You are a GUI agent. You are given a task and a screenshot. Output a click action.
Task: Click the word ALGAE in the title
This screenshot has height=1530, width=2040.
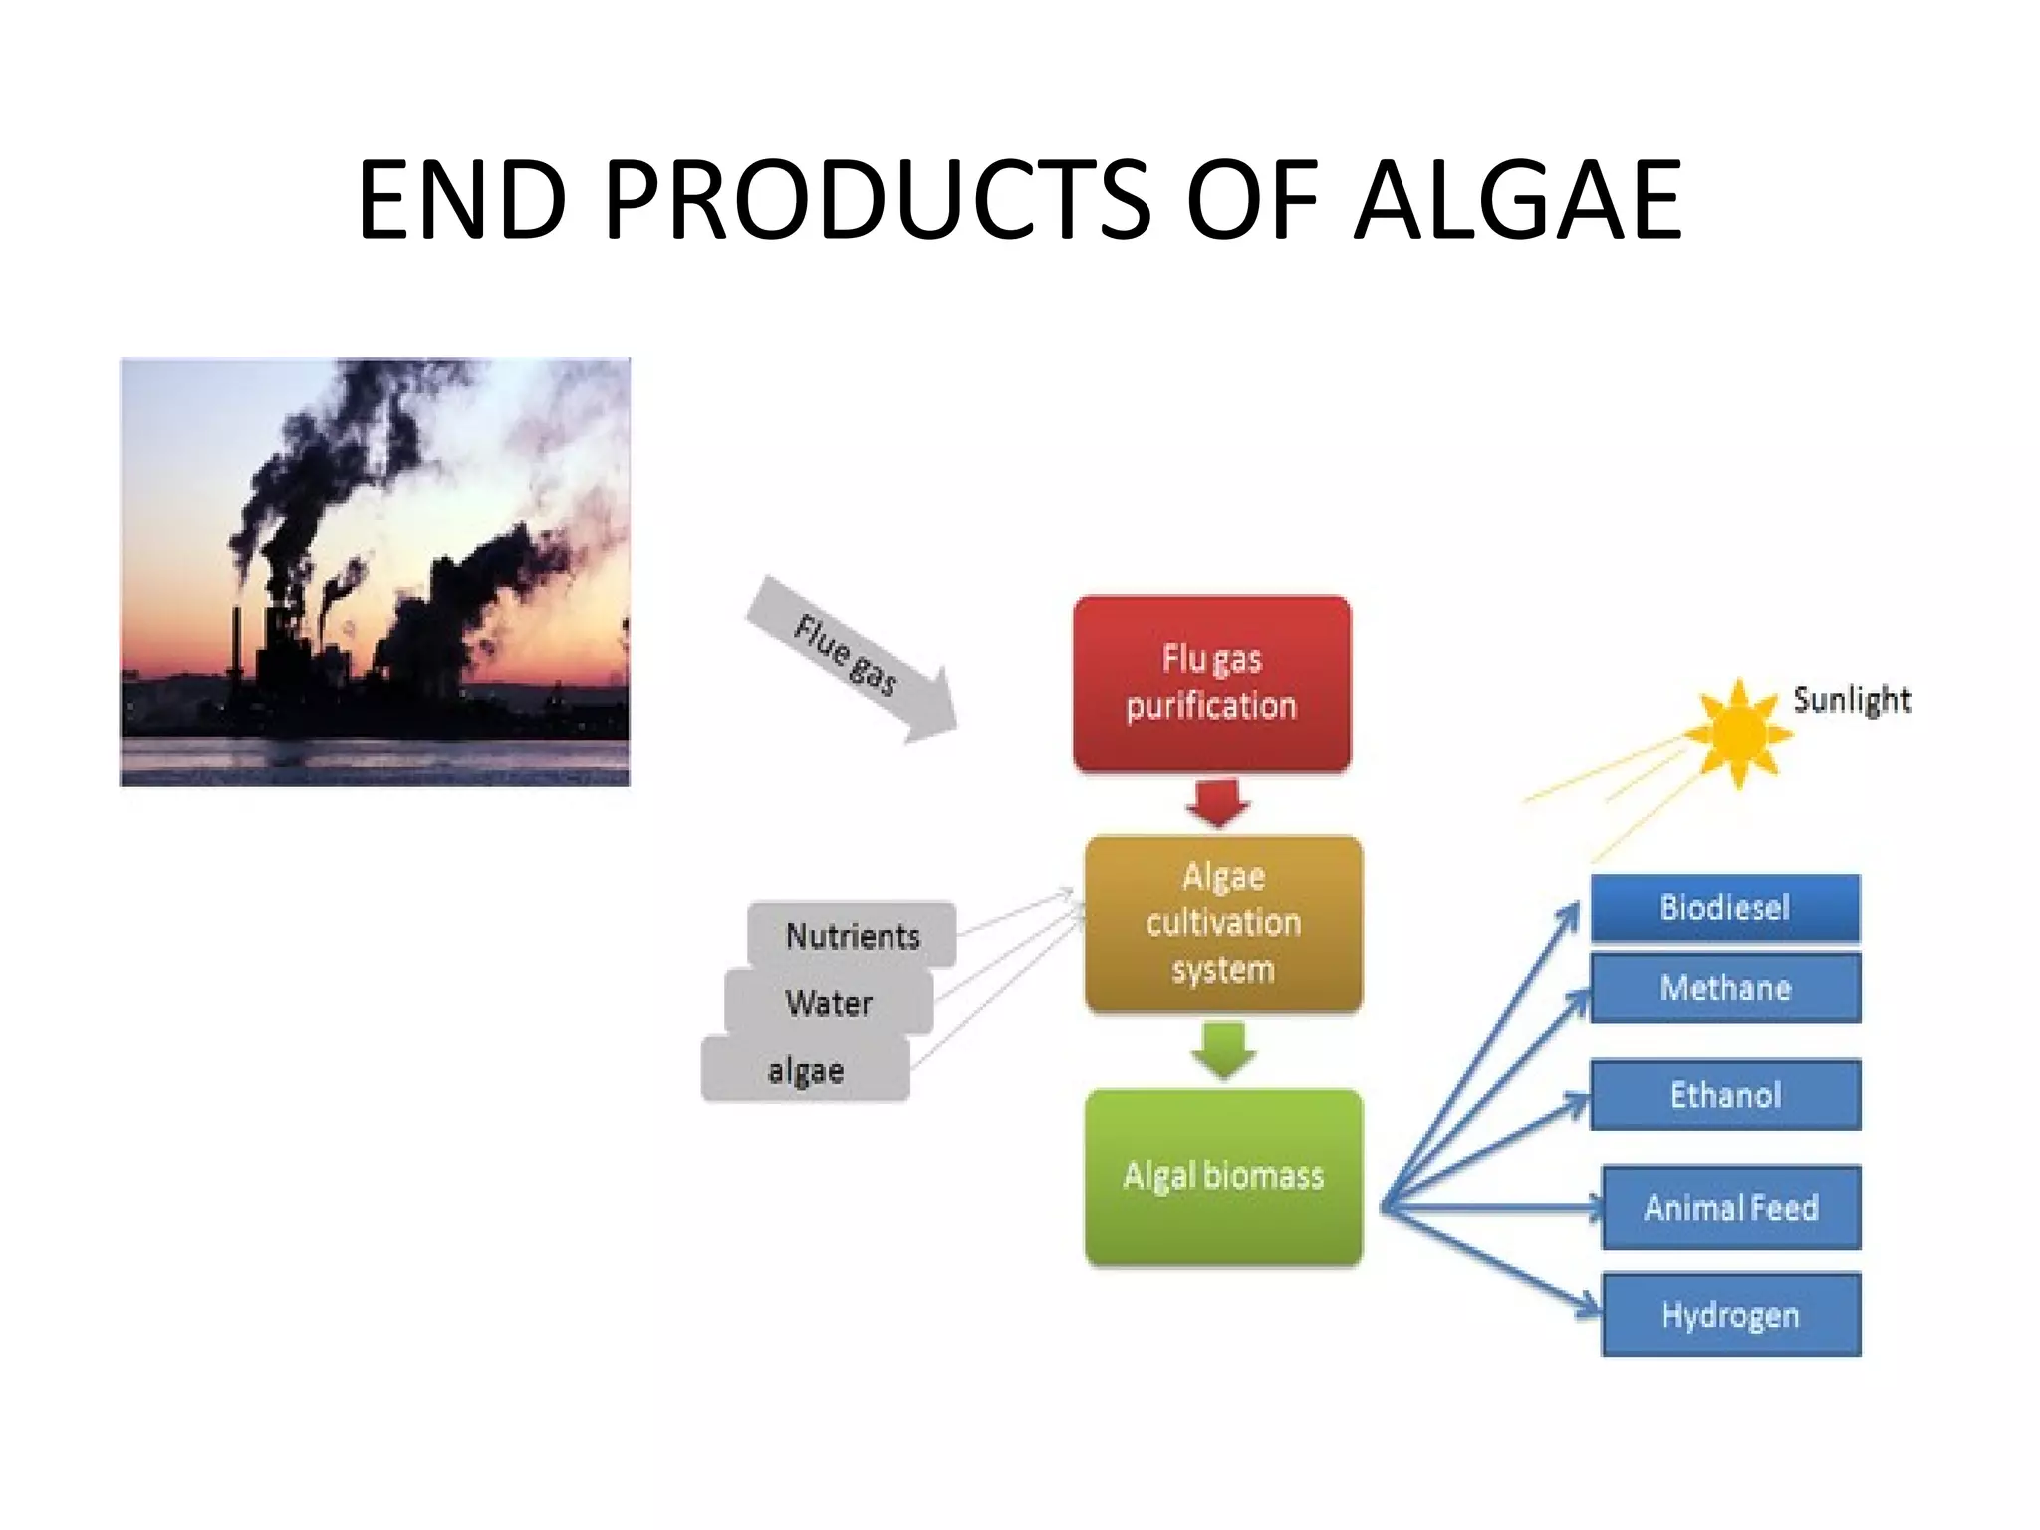tap(1518, 201)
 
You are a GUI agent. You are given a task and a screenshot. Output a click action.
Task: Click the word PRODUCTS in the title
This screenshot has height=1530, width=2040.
tap(878, 201)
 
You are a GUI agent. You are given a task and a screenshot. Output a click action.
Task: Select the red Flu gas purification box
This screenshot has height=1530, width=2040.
tap(1211, 683)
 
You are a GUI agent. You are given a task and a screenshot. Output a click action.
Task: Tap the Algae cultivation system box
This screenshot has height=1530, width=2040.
tap(1223, 923)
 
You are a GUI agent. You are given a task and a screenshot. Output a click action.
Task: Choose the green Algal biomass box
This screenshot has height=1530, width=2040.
tap(1223, 1176)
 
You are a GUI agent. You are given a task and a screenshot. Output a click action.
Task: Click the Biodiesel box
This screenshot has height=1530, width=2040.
tap(1724, 907)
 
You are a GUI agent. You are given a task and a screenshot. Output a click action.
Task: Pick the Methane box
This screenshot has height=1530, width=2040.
tap(1724, 987)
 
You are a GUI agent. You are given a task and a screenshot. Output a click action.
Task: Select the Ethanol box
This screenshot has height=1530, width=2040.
tap(1724, 1095)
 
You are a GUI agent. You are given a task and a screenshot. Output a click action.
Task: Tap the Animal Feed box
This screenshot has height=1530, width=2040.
tap(1730, 1207)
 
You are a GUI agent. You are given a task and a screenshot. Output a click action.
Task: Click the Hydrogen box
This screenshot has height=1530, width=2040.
tap(1730, 1314)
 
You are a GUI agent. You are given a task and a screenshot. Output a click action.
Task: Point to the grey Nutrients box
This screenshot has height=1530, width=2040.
tap(853, 935)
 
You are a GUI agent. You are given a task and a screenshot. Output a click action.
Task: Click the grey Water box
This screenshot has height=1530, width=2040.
tap(829, 1002)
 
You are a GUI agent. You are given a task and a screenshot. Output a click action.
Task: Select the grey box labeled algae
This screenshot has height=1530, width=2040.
tap(805, 1070)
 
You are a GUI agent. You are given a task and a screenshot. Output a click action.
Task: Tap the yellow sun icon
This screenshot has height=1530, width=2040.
tap(1738, 735)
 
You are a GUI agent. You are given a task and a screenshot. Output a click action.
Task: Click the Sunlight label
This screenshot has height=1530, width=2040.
tap(1851, 700)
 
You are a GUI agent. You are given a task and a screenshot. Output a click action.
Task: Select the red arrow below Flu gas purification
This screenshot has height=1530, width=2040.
tap(1217, 802)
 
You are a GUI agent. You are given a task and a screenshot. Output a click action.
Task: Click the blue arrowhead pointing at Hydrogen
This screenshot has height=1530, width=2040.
tap(1590, 1307)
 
